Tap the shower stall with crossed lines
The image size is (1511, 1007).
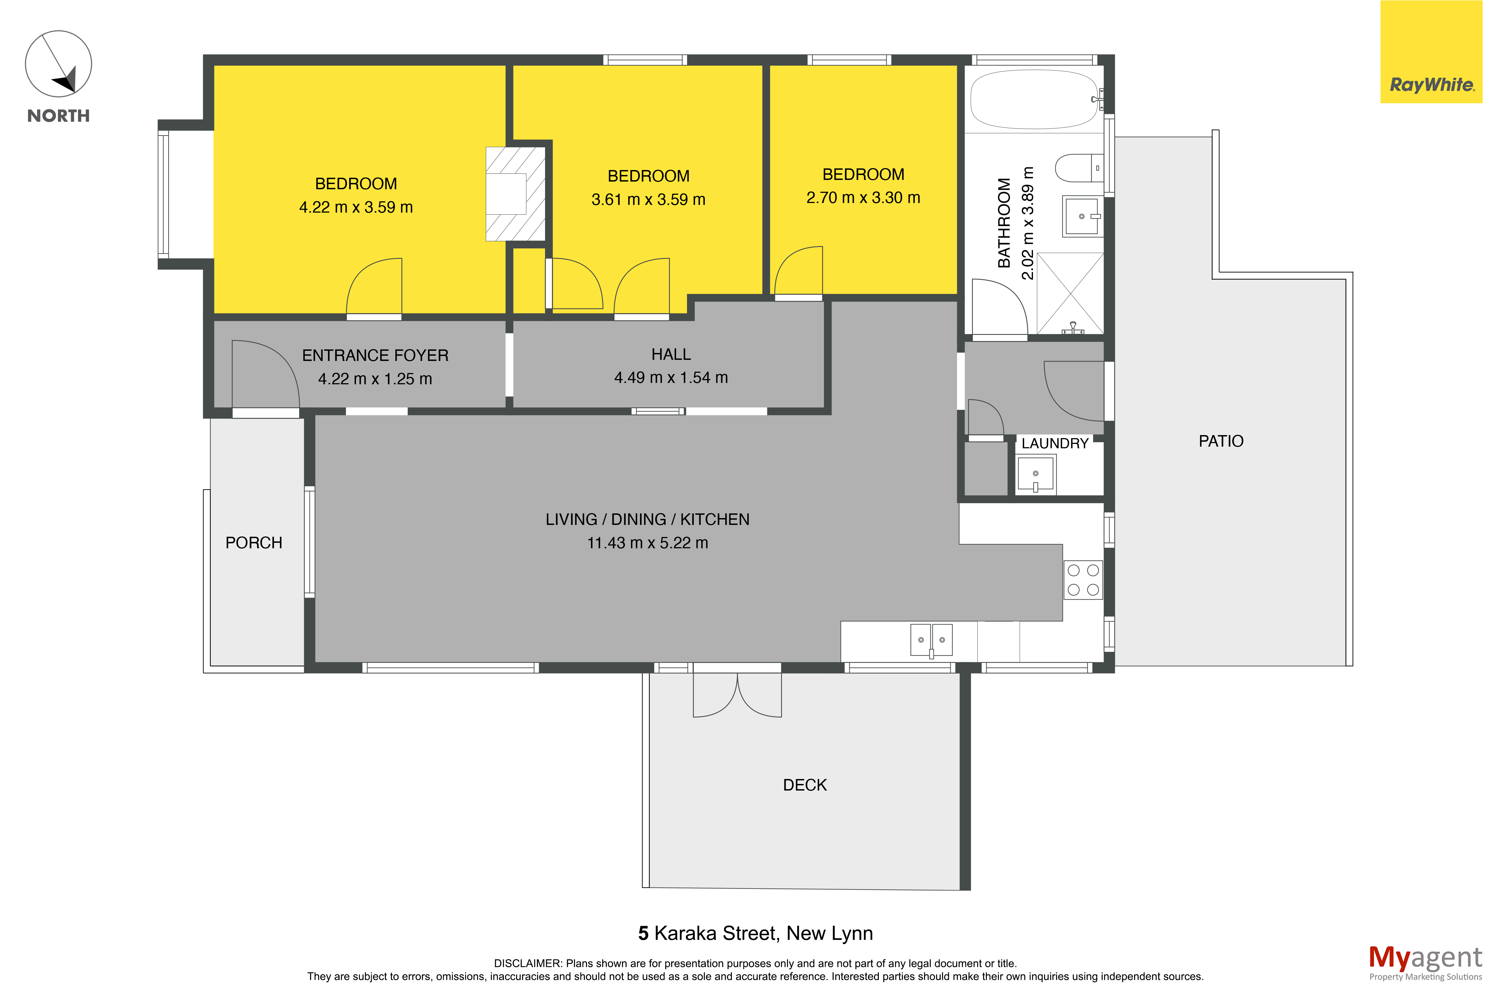[1070, 293]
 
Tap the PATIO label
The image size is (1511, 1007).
[1221, 441]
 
